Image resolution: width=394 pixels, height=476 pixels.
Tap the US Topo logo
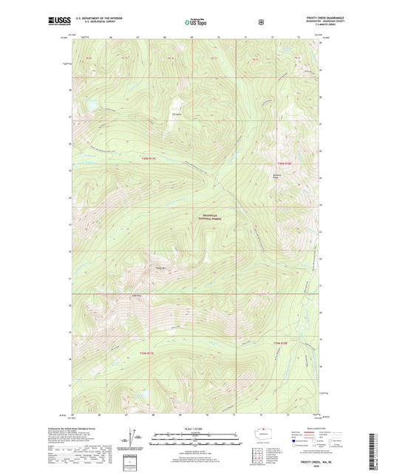pos(196,21)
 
